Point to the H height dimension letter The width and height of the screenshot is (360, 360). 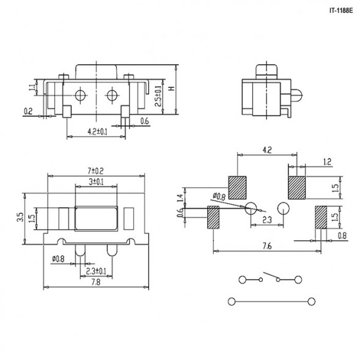tap(172, 89)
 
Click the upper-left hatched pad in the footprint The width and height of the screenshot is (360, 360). tap(237, 186)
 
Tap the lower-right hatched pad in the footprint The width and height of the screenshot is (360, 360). tap(322, 217)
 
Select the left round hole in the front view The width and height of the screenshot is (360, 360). tap(79, 95)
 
